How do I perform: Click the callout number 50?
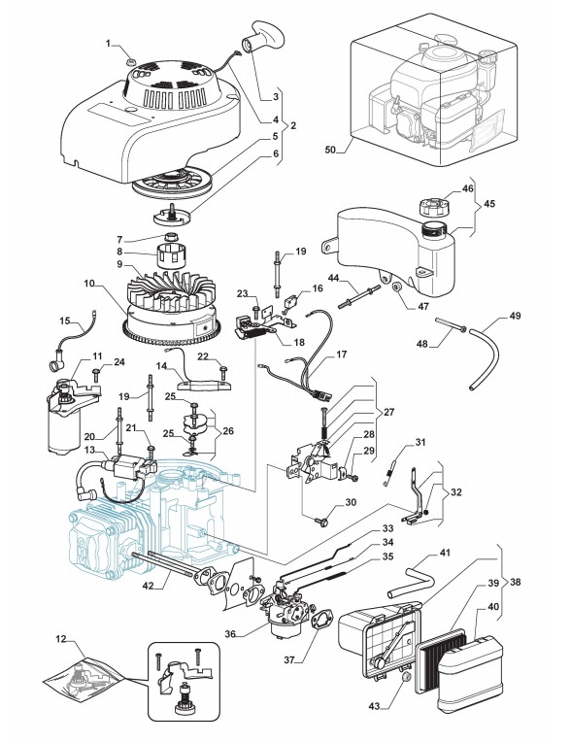click(330, 150)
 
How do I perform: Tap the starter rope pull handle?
click(262, 36)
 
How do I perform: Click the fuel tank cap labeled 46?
click(433, 207)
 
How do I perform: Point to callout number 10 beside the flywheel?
click(89, 284)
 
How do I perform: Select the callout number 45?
click(489, 204)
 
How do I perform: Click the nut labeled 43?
click(405, 678)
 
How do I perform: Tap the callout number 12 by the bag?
click(61, 639)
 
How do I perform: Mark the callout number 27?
click(388, 412)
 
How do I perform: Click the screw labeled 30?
click(321, 522)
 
